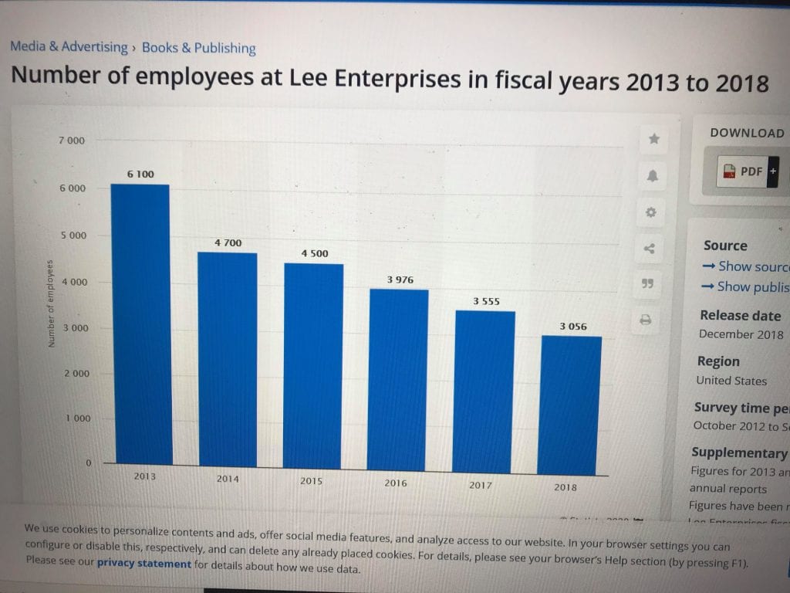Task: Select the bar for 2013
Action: point(140,324)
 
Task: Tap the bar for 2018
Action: point(570,405)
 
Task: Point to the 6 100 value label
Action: point(140,175)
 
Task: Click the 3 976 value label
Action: point(400,280)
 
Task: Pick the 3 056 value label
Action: point(573,327)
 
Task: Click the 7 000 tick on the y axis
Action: point(72,141)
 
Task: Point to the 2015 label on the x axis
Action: point(311,481)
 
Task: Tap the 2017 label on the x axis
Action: point(480,486)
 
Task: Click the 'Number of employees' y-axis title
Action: point(52,303)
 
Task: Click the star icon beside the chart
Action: point(654,139)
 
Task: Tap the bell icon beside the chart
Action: point(653,176)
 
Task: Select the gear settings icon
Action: point(651,212)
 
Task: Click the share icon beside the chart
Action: point(649,249)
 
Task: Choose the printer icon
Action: point(646,319)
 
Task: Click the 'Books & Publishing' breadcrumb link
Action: point(198,48)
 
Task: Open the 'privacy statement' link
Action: point(143,564)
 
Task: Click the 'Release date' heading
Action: point(740,316)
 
